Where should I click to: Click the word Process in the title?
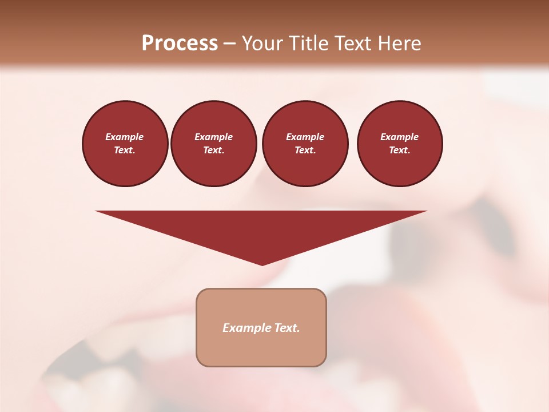180,43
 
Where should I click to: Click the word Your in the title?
263,43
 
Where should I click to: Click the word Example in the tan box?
246,328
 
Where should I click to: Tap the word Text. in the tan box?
286,328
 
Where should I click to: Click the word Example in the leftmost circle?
125,137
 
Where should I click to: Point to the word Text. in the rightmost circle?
399,150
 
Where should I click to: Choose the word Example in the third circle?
305,137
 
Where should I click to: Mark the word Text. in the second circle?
213,150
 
